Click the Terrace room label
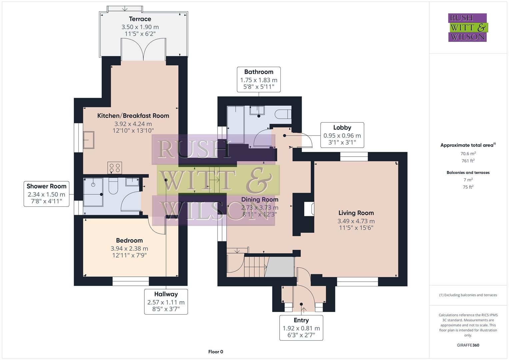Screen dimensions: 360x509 click(x=140, y=19)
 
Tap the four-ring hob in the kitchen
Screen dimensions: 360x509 click(x=115, y=168)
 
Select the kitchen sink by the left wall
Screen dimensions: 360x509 click(x=89, y=140)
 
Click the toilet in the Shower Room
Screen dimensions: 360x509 click(x=113, y=186)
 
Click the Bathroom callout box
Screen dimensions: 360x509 click(x=259, y=80)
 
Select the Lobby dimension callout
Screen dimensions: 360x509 click(x=342, y=135)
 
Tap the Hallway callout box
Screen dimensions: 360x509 click(x=166, y=302)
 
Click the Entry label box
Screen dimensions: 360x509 click(x=301, y=327)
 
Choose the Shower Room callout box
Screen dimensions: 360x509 click(x=46, y=194)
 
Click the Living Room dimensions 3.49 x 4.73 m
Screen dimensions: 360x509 click(x=356, y=221)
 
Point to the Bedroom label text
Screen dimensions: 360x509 click(x=129, y=240)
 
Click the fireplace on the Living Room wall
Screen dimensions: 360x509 click(x=309, y=209)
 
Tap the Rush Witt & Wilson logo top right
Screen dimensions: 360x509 click(x=467, y=28)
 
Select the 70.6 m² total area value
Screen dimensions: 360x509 click(x=468, y=154)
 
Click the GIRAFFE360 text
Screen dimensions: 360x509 click(x=468, y=345)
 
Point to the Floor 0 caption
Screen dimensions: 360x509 click(x=216, y=352)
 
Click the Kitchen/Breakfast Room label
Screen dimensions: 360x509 click(x=133, y=116)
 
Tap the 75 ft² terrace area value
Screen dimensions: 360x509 click(x=468, y=187)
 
